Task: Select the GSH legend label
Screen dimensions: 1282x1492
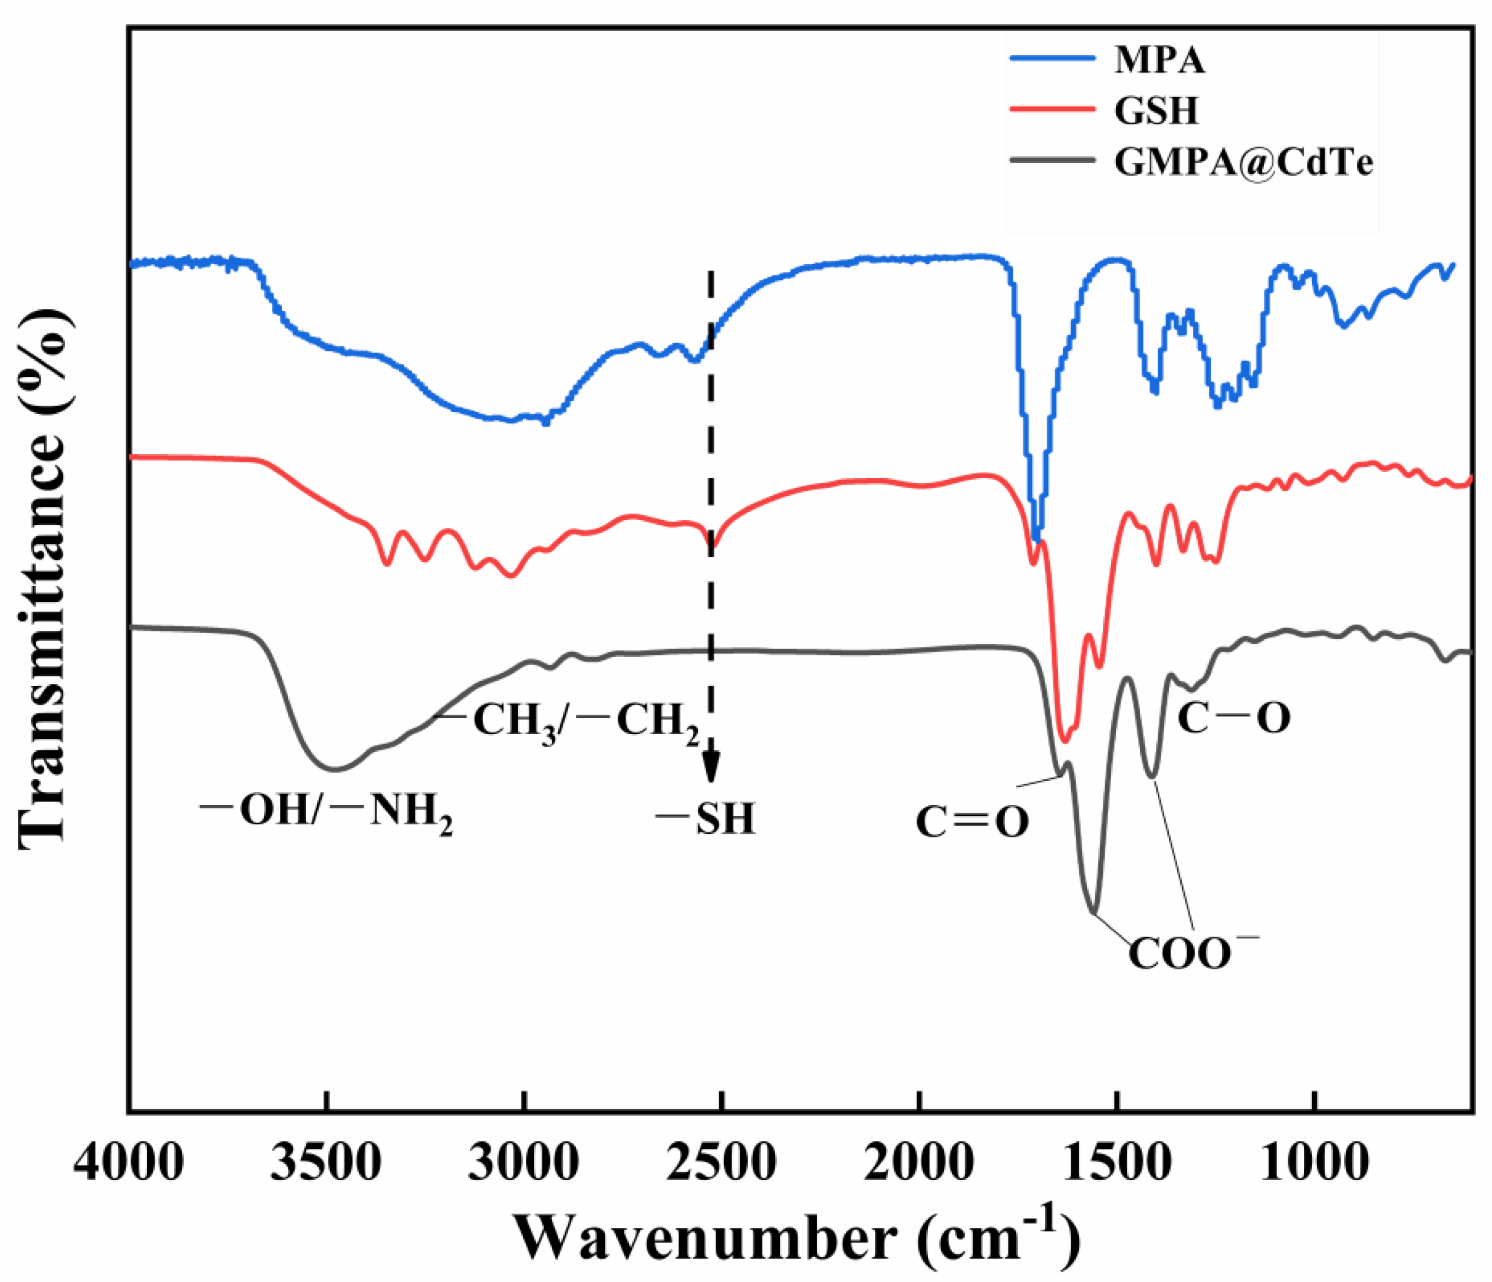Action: coord(1156,110)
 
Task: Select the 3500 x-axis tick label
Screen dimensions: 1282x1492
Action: coord(326,1162)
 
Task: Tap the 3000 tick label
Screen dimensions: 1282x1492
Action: coord(523,1162)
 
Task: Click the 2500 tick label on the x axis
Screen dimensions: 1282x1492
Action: coord(721,1162)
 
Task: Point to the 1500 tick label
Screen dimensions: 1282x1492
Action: coord(1116,1162)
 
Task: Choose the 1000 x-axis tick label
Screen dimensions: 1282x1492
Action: coord(1314,1162)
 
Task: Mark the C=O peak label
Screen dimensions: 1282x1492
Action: coord(972,822)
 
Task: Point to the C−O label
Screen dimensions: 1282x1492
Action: coord(1233,718)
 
